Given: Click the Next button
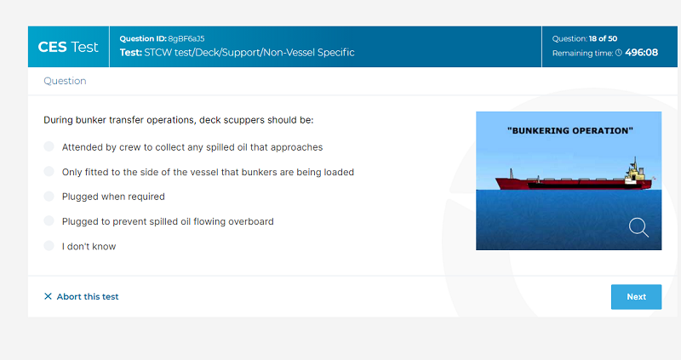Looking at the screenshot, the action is tap(636, 297).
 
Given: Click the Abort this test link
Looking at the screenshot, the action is tap(81, 297).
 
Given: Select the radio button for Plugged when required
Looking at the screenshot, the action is tap(49, 197).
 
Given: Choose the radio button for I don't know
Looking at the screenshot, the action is tap(49, 246).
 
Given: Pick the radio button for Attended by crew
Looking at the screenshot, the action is tap(49, 146).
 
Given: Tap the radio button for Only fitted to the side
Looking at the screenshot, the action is tap(49, 172).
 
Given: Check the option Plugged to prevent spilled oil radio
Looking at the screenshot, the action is tap(49, 221).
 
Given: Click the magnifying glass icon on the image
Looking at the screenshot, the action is tap(638, 227).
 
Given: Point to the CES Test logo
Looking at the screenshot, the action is tap(68, 47).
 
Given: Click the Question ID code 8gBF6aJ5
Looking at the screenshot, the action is tap(186, 38).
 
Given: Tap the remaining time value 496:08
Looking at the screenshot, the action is tap(642, 53).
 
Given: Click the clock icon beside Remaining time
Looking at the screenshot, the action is tap(619, 53).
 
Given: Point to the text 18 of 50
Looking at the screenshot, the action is tap(603, 38).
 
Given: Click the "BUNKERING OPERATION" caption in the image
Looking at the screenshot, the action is tap(569, 131).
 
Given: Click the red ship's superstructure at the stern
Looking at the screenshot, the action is tap(634, 173).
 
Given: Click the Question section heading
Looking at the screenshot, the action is tap(65, 81).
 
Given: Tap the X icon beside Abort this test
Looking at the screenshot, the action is tap(48, 296).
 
